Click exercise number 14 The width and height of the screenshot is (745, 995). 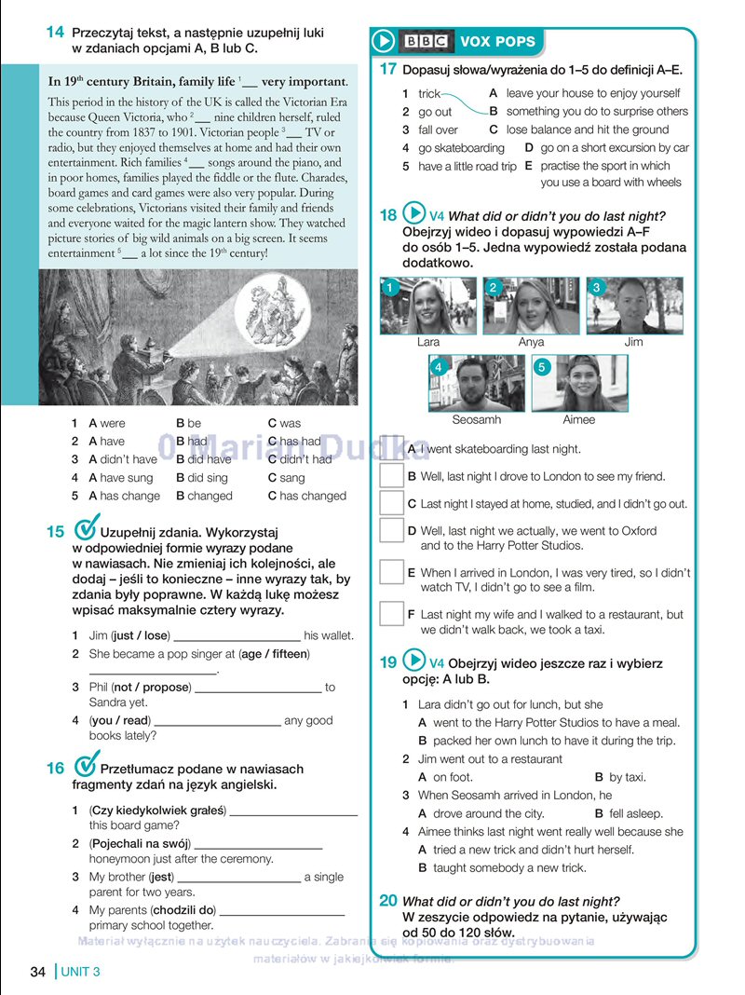[55, 33]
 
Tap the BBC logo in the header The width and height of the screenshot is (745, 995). [426, 41]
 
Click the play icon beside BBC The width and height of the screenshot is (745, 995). [384, 41]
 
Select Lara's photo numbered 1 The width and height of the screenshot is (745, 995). [427, 306]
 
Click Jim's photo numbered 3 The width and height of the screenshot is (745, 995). [634, 306]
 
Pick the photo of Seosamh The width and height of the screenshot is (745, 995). [476, 383]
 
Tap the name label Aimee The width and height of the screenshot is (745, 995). [578, 420]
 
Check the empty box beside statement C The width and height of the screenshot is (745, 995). [391, 503]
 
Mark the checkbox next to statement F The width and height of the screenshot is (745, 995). [391, 614]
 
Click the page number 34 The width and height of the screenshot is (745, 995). [38, 973]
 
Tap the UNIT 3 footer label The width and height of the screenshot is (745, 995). [80, 973]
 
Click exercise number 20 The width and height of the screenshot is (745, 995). [388, 900]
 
